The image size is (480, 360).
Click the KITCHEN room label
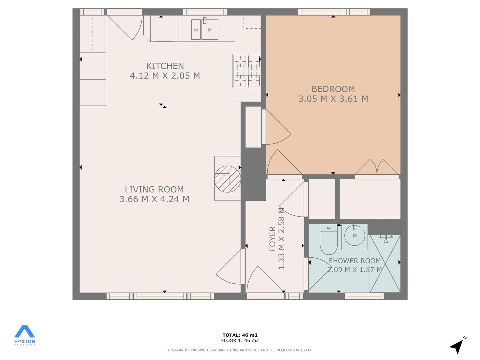165,66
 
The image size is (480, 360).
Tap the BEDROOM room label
333,89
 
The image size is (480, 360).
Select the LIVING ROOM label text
154,189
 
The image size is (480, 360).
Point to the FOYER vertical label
272,239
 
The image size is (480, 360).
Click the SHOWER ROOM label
354,261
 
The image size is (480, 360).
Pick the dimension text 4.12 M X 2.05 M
165,76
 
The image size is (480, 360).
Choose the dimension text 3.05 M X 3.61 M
333,99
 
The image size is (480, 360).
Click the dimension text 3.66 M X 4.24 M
154,199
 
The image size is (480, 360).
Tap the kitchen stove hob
247,71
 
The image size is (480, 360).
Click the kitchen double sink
205,29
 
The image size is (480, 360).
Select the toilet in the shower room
329,239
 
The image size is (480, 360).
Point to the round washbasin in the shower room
354,235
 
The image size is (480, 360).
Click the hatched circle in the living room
227,179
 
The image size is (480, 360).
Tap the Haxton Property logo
24,335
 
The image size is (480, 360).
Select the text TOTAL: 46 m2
240,335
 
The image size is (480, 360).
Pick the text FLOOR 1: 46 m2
240,340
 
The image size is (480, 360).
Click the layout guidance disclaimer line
240,350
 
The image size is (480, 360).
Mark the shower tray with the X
385,264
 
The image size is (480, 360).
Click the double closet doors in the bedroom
377,167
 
